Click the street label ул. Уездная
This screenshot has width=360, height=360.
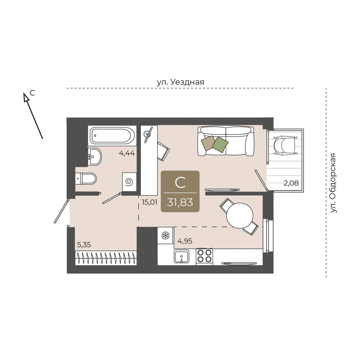(181, 82)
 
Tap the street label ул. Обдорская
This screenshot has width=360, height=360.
(333, 183)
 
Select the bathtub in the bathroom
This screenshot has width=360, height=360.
(112, 136)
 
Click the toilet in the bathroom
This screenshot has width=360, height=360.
(86, 178)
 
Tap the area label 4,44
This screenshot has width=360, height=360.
(127, 153)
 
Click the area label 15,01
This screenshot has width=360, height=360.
(149, 202)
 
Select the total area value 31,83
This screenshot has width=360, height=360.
(180, 202)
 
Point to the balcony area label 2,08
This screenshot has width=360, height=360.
(291, 183)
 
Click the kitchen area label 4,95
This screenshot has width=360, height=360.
(185, 241)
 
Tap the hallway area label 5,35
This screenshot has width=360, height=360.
(84, 245)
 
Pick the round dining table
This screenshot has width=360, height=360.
(240, 216)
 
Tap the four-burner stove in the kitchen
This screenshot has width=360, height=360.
(204, 256)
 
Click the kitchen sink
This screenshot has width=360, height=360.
(181, 256)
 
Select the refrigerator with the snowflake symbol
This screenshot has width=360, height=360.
(165, 235)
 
